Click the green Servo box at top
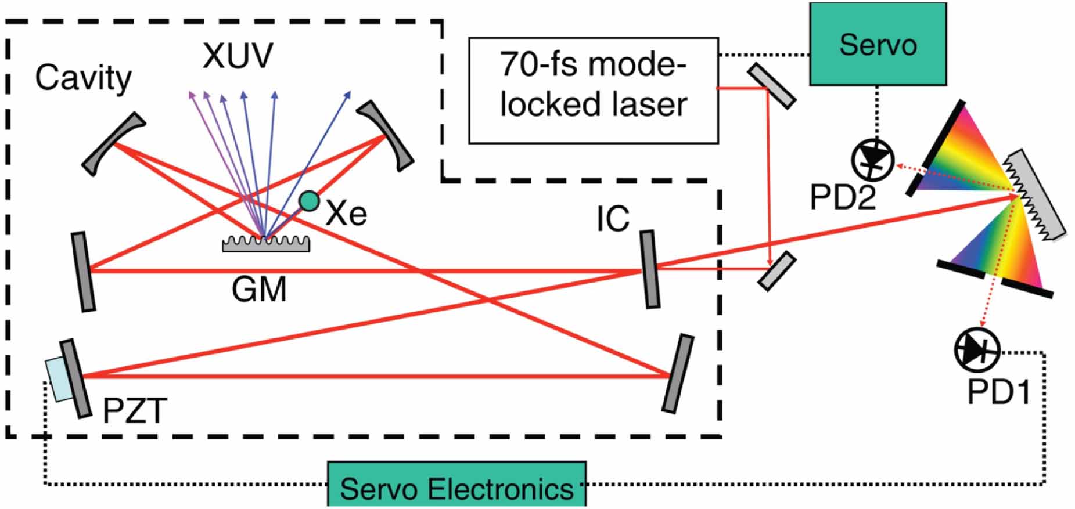[x=878, y=44]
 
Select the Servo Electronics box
[x=457, y=486]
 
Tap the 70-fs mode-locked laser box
[x=593, y=91]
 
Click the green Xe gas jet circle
[x=309, y=201]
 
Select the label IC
[x=613, y=219]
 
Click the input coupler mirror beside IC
[x=650, y=269]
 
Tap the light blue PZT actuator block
[x=59, y=380]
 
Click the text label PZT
[x=135, y=411]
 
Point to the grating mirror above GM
[x=266, y=244]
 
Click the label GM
[x=259, y=289]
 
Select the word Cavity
[x=84, y=78]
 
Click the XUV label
[x=238, y=56]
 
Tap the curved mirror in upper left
[x=113, y=143]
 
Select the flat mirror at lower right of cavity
[x=678, y=374]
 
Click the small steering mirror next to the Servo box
[x=771, y=86]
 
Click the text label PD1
[x=998, y=393]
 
